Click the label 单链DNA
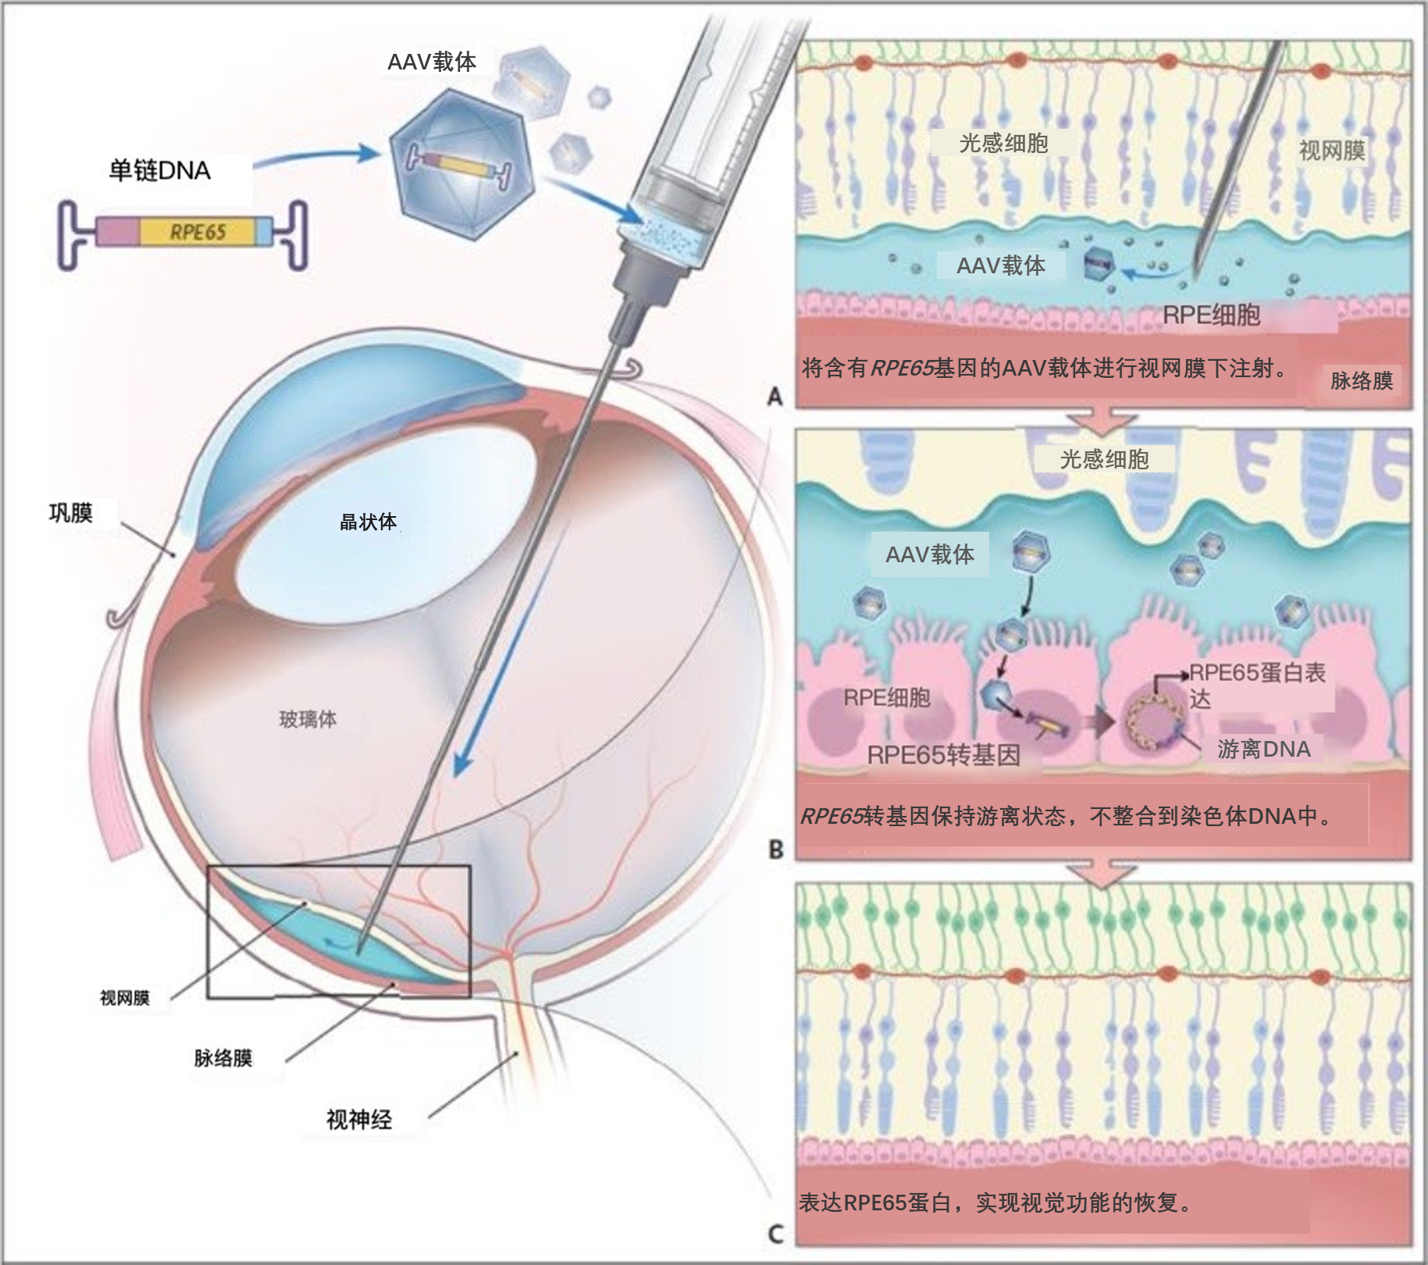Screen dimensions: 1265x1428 pos(159,170)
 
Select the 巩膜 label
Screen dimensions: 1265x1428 pos(71,513)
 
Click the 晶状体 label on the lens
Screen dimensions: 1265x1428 pos(368,522)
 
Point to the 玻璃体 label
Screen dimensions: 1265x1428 pos(308,719)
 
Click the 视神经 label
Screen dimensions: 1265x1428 pos(358,1120)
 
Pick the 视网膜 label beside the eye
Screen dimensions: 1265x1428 pos(124,998)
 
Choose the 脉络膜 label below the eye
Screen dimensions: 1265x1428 pos(223,1058)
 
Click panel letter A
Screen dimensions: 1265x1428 pos(775,397)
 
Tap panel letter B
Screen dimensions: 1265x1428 pos(775,849)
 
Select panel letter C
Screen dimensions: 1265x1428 pos(775,1234)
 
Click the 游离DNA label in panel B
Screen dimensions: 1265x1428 pos(1263,750)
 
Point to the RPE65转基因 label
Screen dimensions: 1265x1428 pos(943,755)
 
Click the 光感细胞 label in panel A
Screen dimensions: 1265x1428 pos(1003,143)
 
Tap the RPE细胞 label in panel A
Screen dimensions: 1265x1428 pos(1211,315)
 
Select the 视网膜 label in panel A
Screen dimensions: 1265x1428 pos(1331,151)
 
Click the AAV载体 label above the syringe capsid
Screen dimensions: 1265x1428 pos(432,62)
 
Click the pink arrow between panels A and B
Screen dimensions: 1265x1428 pos(1102,419)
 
